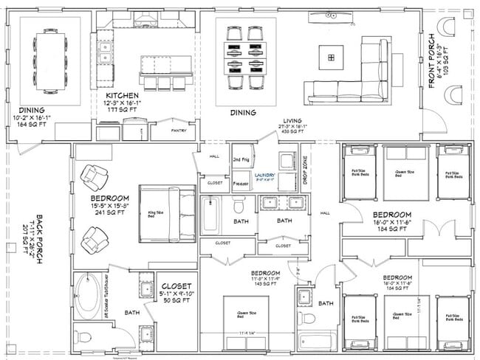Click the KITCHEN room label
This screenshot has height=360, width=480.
123,96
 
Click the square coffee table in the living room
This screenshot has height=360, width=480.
332,55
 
